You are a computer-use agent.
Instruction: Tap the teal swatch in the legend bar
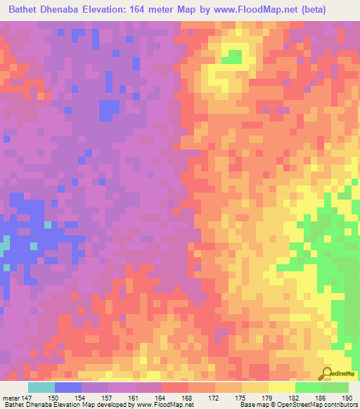pos(41,387)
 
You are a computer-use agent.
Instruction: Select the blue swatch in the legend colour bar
pos(68,387)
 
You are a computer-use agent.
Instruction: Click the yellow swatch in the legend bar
pos(282,387)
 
